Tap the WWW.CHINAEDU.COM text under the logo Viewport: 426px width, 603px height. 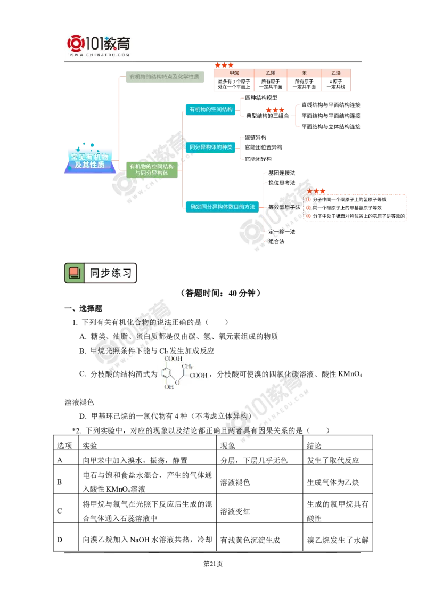[100, 54]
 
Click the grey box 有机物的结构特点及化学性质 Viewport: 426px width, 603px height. [164, 77]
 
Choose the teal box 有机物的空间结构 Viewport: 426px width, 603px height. [211, 109]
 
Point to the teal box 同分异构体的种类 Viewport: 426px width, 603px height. [211, 146]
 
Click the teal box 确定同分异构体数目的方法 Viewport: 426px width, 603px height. [219, 206]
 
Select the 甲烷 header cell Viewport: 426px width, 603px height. [233, 72]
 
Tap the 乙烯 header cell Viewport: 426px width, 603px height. [270, 72]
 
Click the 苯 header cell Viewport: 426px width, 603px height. [304, 72]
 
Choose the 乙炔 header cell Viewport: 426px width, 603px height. [335, 72]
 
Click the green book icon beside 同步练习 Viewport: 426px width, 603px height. [75, 273]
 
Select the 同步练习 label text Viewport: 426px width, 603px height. [110, 273]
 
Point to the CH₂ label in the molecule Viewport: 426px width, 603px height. [187, 366]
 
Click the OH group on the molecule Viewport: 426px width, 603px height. [168, 387]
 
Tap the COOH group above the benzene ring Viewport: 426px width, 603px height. [173, 358]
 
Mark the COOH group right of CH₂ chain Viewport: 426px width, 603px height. [198, 375]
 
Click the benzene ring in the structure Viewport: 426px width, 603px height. [169, 373]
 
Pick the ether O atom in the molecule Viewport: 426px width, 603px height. [179, 381]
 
